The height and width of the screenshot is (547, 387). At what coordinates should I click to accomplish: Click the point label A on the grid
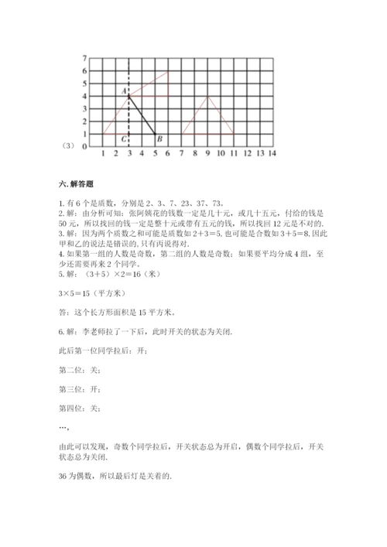click(x=124, y=91)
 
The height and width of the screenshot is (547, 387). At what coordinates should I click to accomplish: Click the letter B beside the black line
click(x=159, y=139)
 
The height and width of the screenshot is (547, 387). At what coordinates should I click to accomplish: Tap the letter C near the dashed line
click(x=124, y=139)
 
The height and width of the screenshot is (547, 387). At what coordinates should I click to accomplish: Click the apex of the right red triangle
click(x=207, y=96)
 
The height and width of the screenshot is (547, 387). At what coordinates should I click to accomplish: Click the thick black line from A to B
click(x=142, y=115)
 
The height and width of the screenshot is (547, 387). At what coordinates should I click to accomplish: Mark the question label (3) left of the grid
click(x=67, y=145)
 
